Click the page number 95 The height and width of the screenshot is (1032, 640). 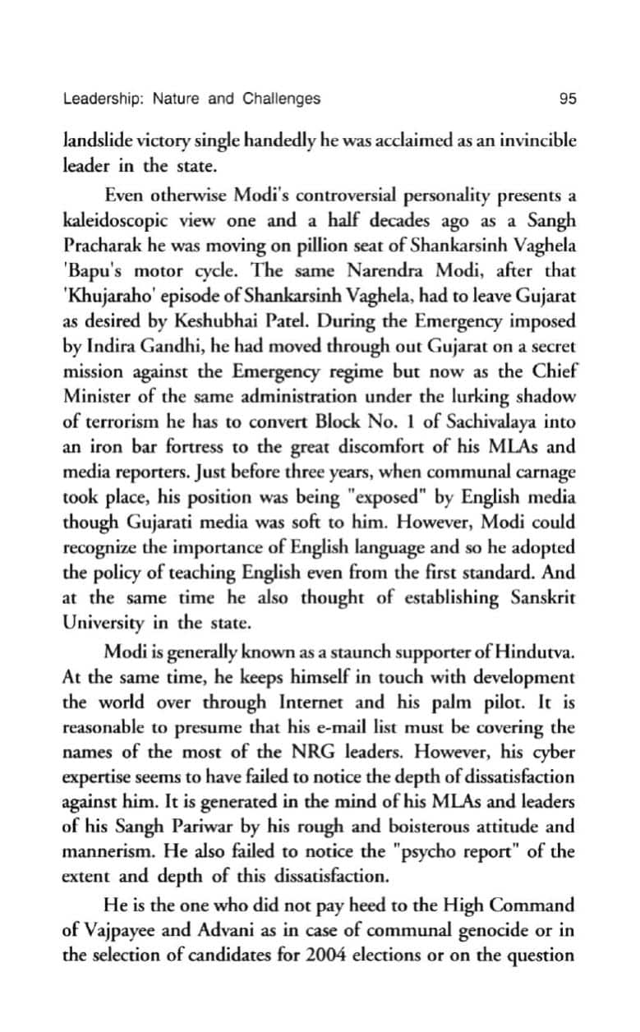567,99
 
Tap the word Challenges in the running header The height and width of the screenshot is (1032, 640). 281,99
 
